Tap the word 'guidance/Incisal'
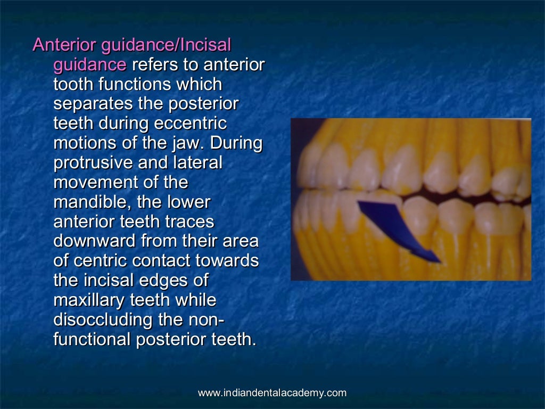click(163, 45)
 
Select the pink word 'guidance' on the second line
click(90, 65)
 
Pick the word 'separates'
click(90, 104)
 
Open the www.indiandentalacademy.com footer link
click(272, 394)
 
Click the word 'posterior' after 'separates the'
click(204, 104)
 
